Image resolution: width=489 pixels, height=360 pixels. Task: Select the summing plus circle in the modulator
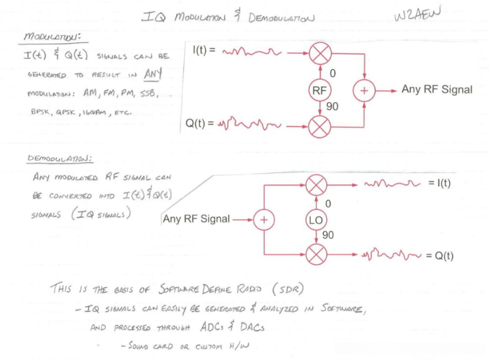coord(365,91)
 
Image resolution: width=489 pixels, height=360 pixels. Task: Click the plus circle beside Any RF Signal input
coord(264,220)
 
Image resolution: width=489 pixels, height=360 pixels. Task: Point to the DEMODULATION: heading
coord(60,159)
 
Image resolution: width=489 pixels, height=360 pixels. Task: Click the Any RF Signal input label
coord(196,220)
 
